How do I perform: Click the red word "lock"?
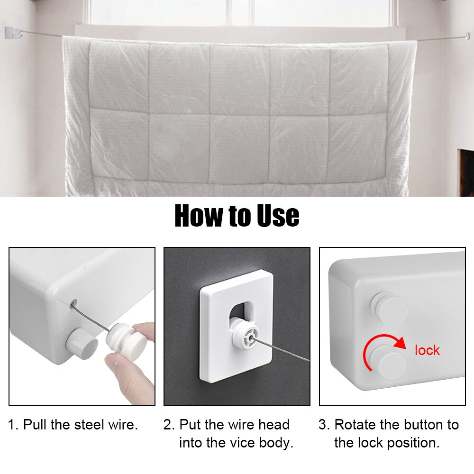[x=427, y=350]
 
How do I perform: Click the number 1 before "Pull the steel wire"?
[x=12, y=424]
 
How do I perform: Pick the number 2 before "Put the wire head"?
[x=168, y=424]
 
